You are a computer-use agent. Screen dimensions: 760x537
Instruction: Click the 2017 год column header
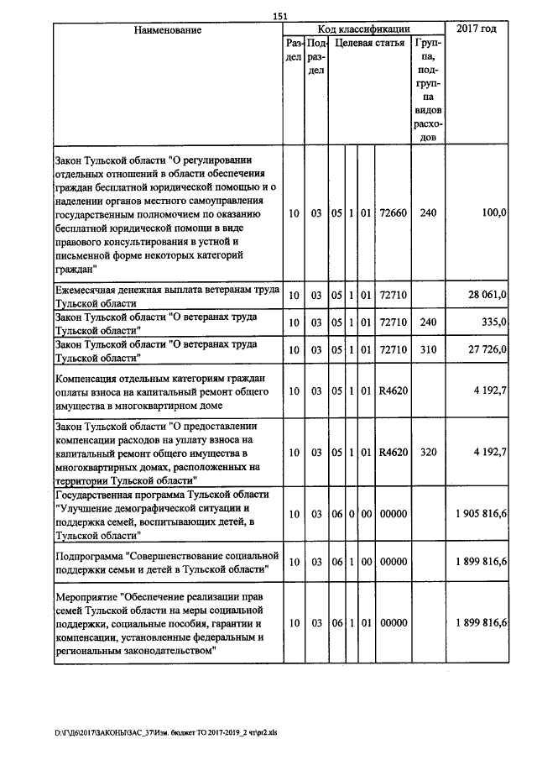(x=477, y=29)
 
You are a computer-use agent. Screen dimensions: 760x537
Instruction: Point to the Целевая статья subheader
(x=369, y=42)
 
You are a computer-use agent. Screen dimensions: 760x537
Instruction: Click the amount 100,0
(x=492, y=214)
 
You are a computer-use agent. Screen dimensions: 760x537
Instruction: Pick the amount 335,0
(x=493, y=322)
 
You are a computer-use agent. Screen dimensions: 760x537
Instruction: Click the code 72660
(x=393, y=214)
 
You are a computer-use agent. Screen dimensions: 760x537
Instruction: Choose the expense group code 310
(x=428, y=349)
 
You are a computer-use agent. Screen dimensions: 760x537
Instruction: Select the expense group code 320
(x=428, y=452)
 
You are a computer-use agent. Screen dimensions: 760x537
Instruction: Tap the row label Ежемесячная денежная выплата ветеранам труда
(x=162, y=296)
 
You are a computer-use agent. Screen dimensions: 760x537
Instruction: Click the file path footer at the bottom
(x=171, y=732)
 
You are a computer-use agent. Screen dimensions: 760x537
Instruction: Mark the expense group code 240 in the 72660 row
(x=428, y=214)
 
